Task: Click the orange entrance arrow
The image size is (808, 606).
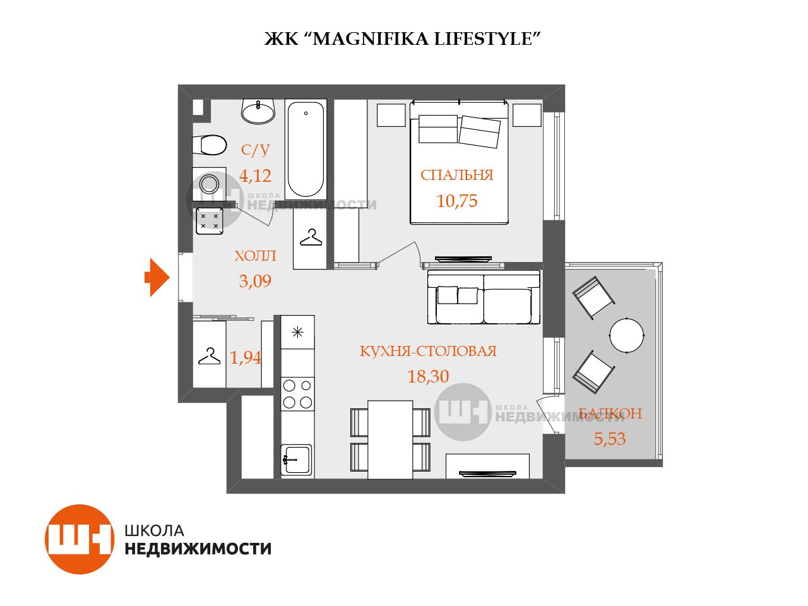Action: click(157, 277)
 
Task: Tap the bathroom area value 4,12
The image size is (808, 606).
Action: click(255, 176)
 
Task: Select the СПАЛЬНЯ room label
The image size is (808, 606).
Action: click(457, 175)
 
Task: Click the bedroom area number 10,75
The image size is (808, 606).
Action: click(457, 201)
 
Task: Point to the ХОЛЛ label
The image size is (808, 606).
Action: click(255, 256)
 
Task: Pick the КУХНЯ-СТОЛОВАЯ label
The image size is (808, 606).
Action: click(428, 351)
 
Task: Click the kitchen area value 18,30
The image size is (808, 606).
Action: click(428, 376)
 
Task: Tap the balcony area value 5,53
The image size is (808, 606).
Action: click(610, 439)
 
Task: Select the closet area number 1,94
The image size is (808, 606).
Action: click(245, 357)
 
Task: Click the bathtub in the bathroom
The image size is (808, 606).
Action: click(306, 150)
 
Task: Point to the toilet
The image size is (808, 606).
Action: click(209, 145)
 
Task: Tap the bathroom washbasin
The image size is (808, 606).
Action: click(258, 110)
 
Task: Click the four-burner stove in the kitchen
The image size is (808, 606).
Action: click(297, 394)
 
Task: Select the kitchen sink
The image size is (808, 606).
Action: click(296, 460)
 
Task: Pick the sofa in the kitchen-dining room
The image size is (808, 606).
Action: click(484, 297)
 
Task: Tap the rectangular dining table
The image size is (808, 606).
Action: click(390, 440)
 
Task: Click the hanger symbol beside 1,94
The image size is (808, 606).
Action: click(209, 356)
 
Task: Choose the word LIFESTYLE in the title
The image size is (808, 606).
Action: click(484, 39)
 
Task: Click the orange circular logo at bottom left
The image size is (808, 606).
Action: click(80, 538)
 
